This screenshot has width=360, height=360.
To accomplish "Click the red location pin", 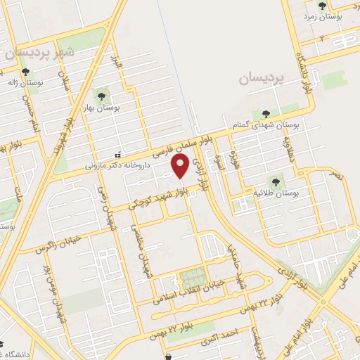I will [180, 167].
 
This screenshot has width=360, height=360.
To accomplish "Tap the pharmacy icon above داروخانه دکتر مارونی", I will [117, 155].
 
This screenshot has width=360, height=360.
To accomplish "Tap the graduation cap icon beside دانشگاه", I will [3, 345].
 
